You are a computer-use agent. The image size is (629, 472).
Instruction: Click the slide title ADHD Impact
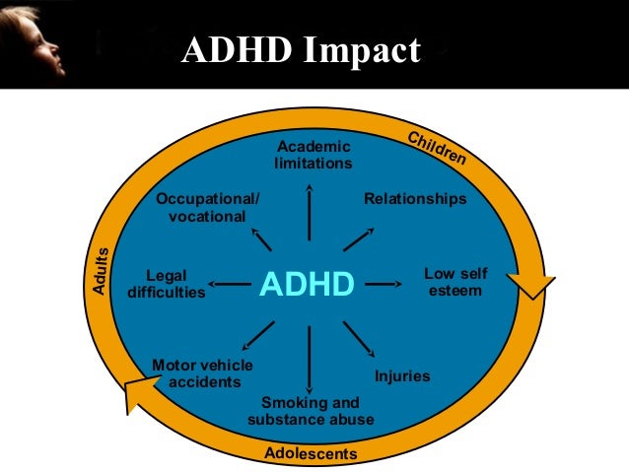pyautogui.click(x=301, y=50)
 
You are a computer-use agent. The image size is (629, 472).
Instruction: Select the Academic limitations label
pyautogui.click(x=313, y=155)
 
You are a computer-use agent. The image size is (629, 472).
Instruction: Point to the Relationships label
pyautogui.click(x=414, y=199)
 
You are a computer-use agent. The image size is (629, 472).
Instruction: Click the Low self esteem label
pyautogui.click(x=454, y=283)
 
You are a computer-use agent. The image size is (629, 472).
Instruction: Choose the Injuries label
pyautogui.click(x=402, y=376)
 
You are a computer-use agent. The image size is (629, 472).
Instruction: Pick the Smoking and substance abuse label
pyautogui.click(x=311, y=412)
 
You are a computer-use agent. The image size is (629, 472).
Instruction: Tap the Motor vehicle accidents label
pyautogui.click(x=201, y=373)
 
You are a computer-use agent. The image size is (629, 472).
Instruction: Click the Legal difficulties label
pyautogui.click(x=167, y=284)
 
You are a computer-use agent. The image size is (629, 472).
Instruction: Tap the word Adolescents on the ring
pyautogui.click(x=311, y=454)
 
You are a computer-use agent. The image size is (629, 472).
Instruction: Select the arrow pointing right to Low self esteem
pyautogui.click(x=386, y=285)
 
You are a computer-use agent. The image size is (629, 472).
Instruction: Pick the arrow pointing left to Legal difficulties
pyautogui.click(x=231, y=286)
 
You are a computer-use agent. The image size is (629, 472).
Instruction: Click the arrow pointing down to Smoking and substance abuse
pyautogui.click(x=310, y=360)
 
